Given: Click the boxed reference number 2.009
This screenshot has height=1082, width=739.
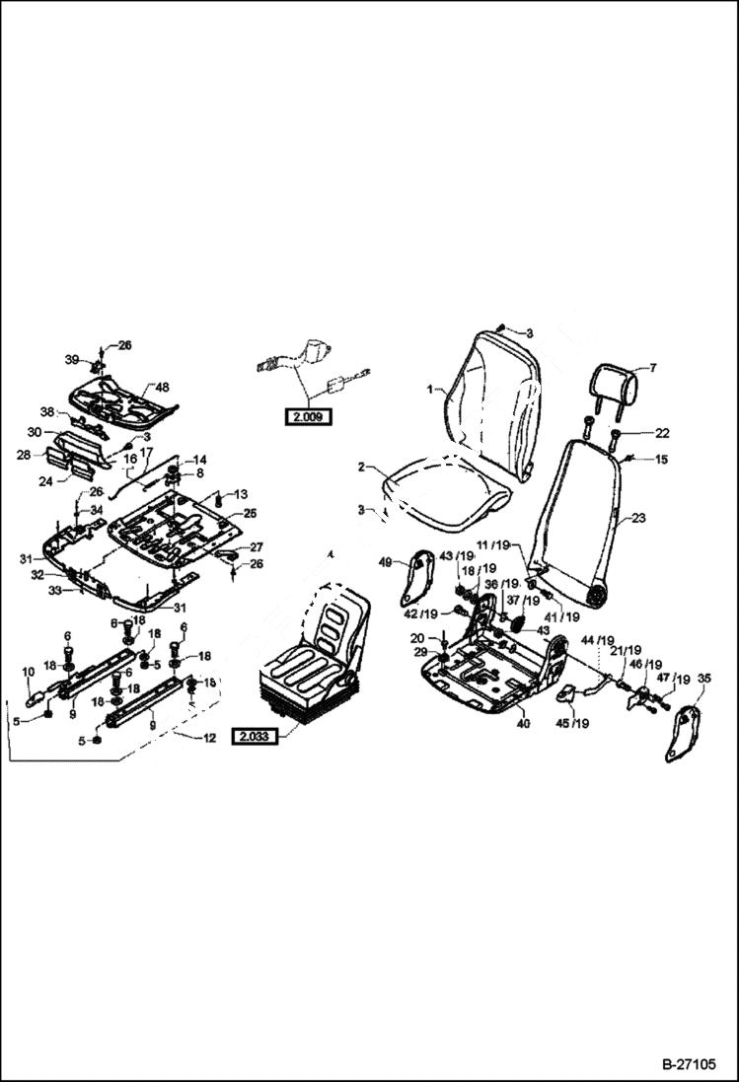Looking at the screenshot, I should pos(307,417).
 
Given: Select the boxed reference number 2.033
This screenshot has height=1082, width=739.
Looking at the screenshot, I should pos(254,736).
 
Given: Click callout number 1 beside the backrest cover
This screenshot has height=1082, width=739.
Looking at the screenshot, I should pos(430,390).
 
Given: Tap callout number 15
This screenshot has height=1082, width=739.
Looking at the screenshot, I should pos(662,459).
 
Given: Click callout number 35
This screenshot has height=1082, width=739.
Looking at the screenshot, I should pos(703,679).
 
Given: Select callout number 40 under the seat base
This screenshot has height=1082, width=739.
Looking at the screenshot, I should pos(523,723).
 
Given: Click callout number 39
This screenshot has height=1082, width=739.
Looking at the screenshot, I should pos(71,359).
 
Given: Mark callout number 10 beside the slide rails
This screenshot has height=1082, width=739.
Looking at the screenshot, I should pos(28,672).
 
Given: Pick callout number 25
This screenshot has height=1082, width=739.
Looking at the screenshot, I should pos(250,513).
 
